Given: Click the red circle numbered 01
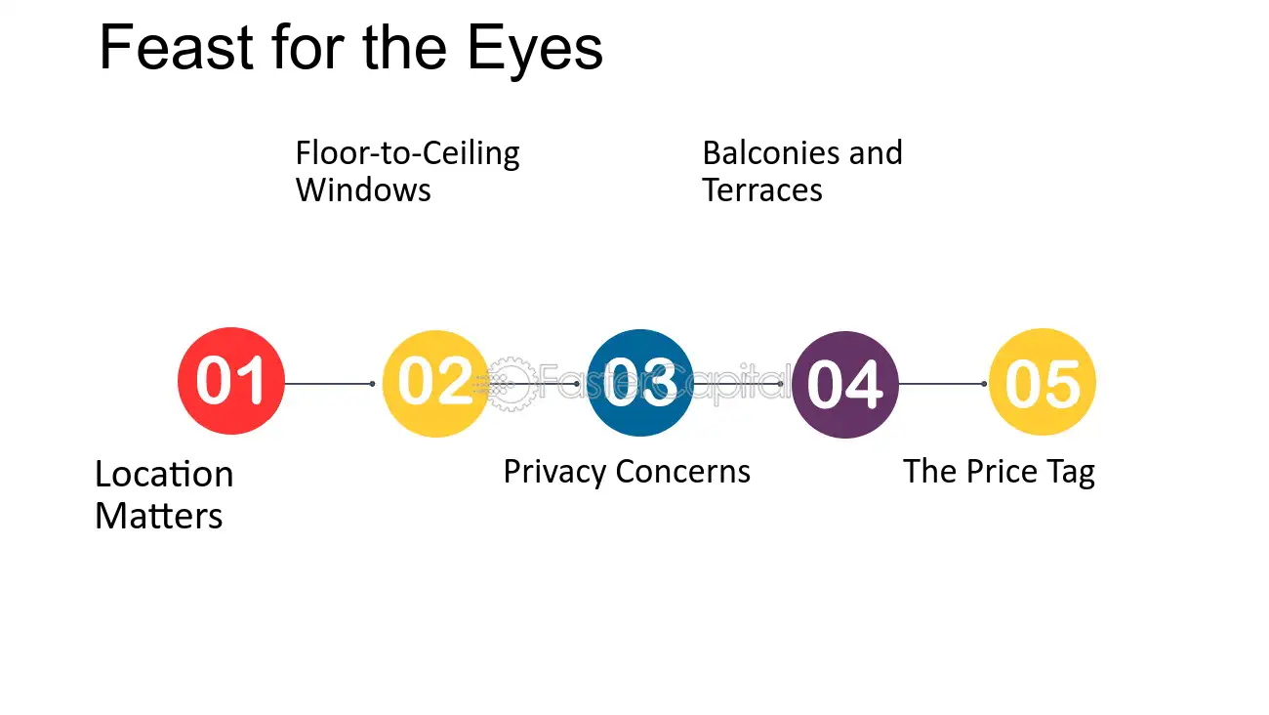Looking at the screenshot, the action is [231, 381].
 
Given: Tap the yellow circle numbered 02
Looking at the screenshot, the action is [435, 383].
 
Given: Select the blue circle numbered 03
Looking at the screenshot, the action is [640, 383].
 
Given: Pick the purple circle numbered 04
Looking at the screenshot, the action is [845, 385].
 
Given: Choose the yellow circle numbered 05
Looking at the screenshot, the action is [1043, 382].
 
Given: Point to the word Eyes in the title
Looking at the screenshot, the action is [535, 52].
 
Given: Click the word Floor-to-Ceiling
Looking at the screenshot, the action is [407, 153].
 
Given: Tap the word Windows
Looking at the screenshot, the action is [363, 189].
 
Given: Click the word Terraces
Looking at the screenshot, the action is [762, 189].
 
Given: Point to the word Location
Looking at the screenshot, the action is [164, 474].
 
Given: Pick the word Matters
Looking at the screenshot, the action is [158, 516].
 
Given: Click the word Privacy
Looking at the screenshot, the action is [554, 473].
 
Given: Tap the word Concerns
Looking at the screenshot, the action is [682, 471].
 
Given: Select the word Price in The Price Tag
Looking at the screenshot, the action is [1002, 471].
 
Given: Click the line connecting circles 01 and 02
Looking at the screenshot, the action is [329, 384].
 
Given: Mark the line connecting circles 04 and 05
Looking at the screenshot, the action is [942, 384].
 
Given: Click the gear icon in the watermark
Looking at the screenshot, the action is [511, 384].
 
